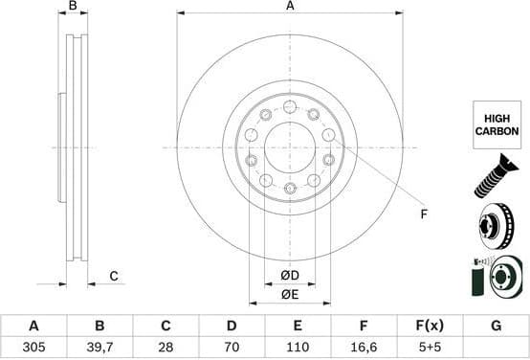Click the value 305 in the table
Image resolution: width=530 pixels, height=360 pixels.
pos(34,348)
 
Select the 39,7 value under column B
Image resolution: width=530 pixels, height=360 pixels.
pos(100,348)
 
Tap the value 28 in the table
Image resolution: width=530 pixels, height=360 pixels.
pos(166,348)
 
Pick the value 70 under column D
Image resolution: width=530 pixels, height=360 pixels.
pos(232,348)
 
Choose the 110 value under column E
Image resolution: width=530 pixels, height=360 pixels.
pos(298,348)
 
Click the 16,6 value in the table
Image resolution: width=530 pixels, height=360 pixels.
pos(364,348)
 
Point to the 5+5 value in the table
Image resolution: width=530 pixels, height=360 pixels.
pos(430,348)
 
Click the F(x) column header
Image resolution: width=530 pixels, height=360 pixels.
pos(430,326)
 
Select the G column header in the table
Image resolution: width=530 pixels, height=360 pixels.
pos(496,326)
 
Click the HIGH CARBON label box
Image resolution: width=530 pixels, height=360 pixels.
pos(497,124)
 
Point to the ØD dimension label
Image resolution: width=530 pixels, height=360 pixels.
pos(290,276)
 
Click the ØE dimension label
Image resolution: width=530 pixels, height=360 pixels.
pos(290,294)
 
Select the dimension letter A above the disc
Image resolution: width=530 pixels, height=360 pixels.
pos(290,7)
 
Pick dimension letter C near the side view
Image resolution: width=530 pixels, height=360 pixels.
pos(113,277)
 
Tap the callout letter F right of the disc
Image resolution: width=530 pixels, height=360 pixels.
pos(423,214)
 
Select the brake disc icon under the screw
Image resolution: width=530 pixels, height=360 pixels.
pos(496,227)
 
